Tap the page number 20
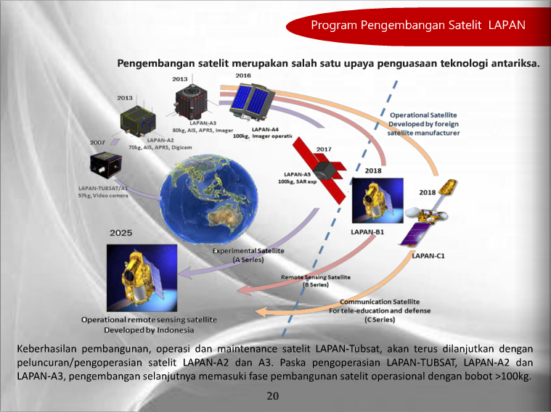tap(272, 396)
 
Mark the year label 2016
tap(243, 75)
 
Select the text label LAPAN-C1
tap(429, 255)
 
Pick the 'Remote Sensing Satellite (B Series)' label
tap(316, 281)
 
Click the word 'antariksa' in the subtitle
tap(513, 63)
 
